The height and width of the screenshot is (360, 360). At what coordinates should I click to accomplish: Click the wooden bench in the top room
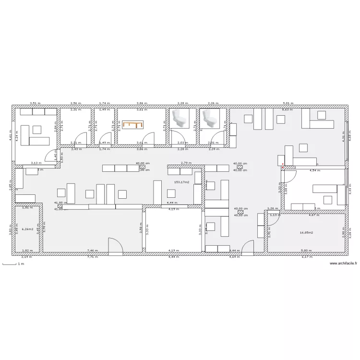point(133,125)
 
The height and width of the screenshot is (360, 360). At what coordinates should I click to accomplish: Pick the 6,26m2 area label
point(28,229)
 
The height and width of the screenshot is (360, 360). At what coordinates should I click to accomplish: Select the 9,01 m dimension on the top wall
point(288,103)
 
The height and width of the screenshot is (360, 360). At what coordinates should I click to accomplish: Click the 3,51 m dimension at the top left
point(35,103)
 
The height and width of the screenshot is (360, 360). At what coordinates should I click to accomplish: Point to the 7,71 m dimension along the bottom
point(92,257)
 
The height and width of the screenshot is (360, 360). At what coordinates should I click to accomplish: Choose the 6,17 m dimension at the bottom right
point(306,257)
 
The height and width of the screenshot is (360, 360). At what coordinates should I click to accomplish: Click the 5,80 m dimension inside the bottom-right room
point(304,251)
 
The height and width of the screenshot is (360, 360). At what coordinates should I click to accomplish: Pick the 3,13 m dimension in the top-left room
point(35,163)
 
